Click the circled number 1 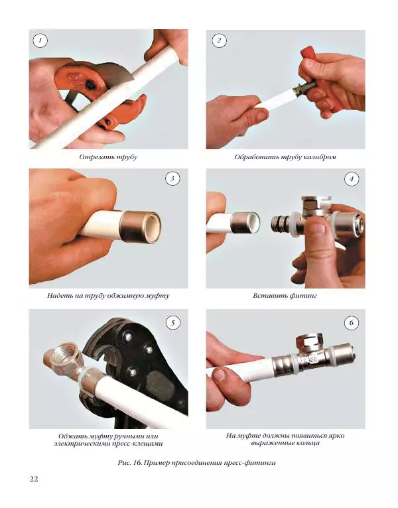tap(40, 41)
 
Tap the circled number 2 tap(219, 41)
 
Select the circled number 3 tap(172, 178)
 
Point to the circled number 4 tap(352, 178)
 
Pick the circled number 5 tap(172, 323)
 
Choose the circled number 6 tap(352, 323)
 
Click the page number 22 tap(34, 479)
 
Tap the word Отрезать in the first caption tap(93, 157)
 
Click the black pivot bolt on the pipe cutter tap(89, 85)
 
